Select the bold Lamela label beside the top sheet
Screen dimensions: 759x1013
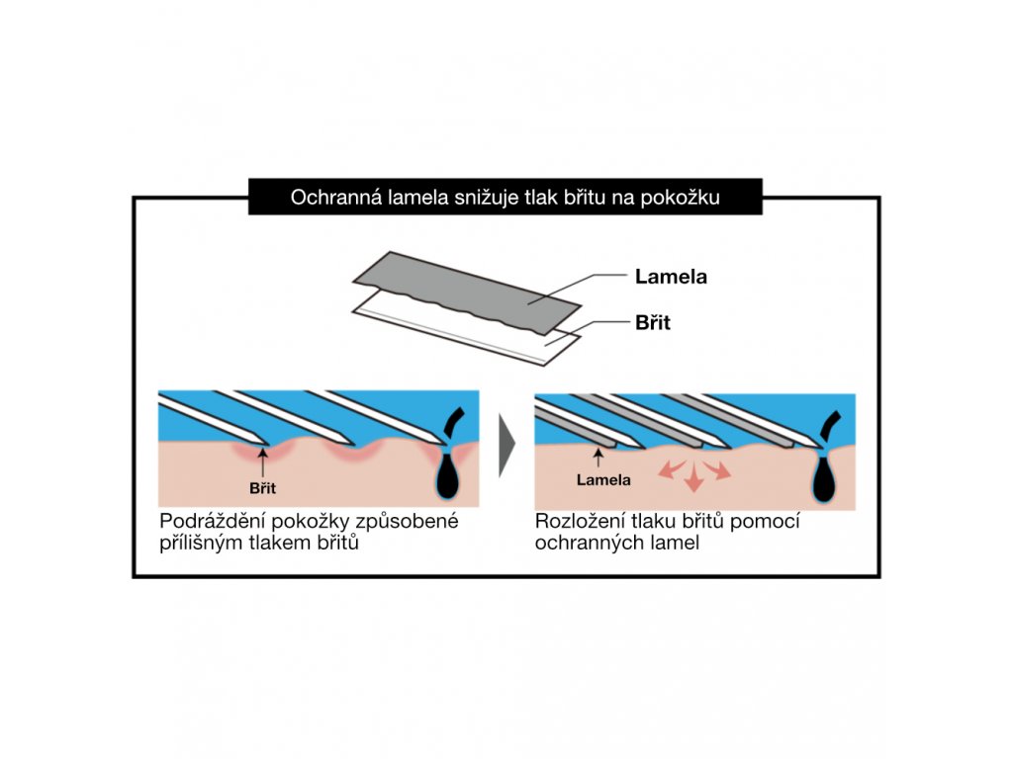pos(671,277)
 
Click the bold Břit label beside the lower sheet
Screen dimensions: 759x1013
pos(652,322)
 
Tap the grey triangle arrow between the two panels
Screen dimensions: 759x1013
pos(507,449)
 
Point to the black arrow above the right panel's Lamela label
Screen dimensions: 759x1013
pos(599,457)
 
